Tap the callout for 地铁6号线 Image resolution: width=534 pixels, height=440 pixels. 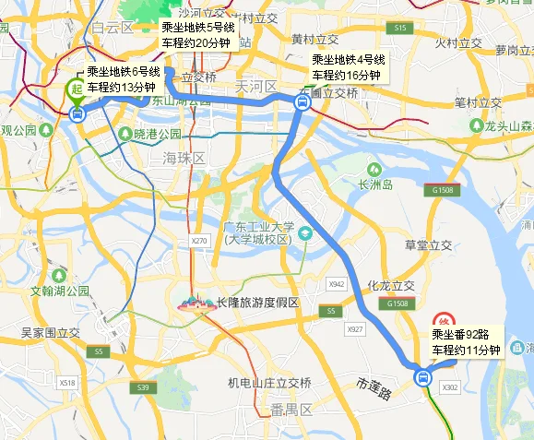[124, 79]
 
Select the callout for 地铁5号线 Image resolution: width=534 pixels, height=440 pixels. [197, 35]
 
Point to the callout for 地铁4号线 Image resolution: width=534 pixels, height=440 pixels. [348, 67]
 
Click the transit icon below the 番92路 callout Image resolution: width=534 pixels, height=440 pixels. [422, 376]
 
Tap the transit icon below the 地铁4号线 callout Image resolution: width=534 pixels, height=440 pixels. [302, 103]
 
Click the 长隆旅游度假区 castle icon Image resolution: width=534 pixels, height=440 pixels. [193, 303]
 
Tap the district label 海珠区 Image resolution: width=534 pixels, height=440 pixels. [182, 159]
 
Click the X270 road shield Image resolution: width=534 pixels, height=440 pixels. [197, 241]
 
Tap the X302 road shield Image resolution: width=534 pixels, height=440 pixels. [450, 388]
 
